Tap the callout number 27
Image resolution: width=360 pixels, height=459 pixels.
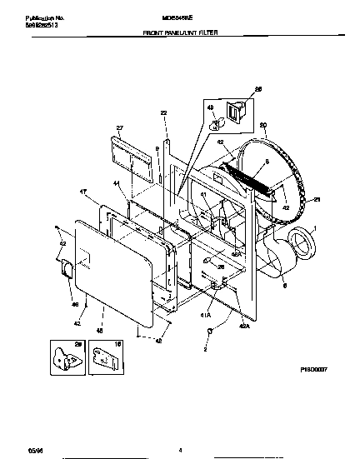120,129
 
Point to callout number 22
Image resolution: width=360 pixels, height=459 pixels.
163,112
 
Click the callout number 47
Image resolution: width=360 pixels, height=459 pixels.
83,192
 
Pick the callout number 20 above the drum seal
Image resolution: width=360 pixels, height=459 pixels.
262,126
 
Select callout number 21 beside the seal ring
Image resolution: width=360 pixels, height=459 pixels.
316,200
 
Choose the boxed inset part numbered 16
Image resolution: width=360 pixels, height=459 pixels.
103,357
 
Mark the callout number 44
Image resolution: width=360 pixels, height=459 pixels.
117,182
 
